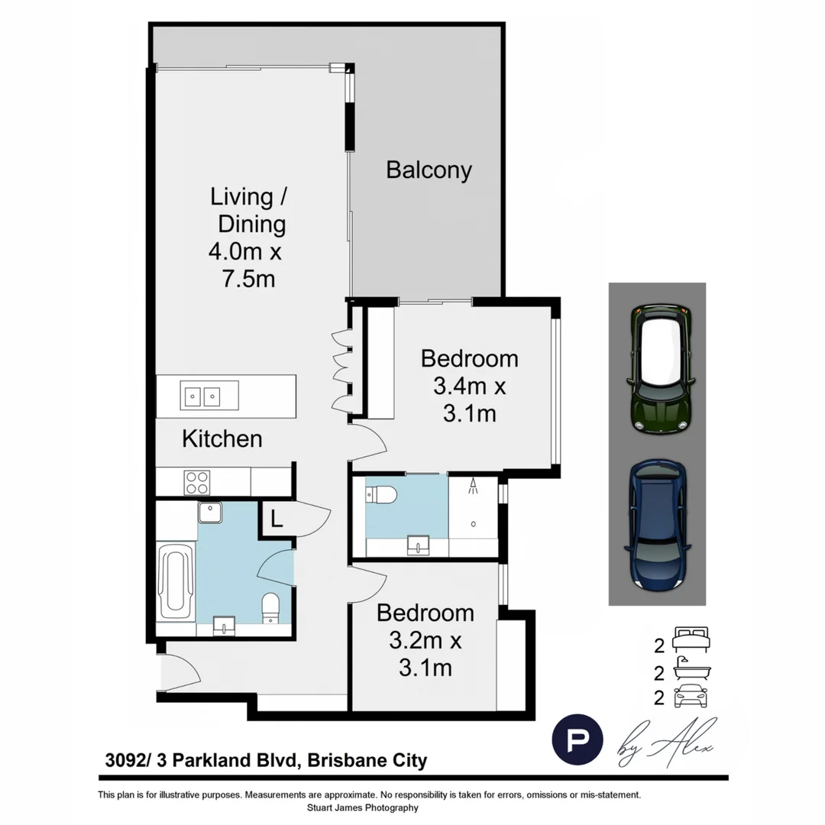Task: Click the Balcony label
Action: pyautogui.click(x=429, y=170)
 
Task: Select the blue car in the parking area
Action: pyautogui.click(x=657, y=524)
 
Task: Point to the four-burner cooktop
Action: pyautogui.click(x=196, y=482)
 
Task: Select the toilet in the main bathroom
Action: pyautogui.click(x=271, y=609)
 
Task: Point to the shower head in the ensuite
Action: pyautogui.click(x=474, y=484)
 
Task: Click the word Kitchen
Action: pyautogui.click(x=222, y=439)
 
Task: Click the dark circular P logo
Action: pyautogui.click(x=577, y=739)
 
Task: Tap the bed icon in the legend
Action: pyautogui.click(x=691, y=638)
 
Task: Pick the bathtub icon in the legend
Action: pyautogui.click(x=691, y=670)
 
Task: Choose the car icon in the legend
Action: pyautogui.click(x=691, y=696)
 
